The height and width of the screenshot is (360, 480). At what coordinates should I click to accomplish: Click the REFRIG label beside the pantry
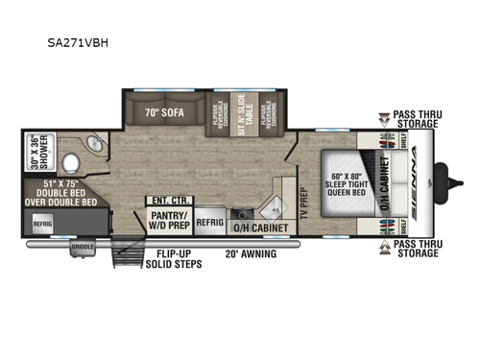click(209, 220)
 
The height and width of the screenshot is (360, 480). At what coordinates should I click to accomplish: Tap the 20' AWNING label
click(251, 254)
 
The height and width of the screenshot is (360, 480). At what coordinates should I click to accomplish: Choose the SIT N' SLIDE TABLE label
click(241, 115)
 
